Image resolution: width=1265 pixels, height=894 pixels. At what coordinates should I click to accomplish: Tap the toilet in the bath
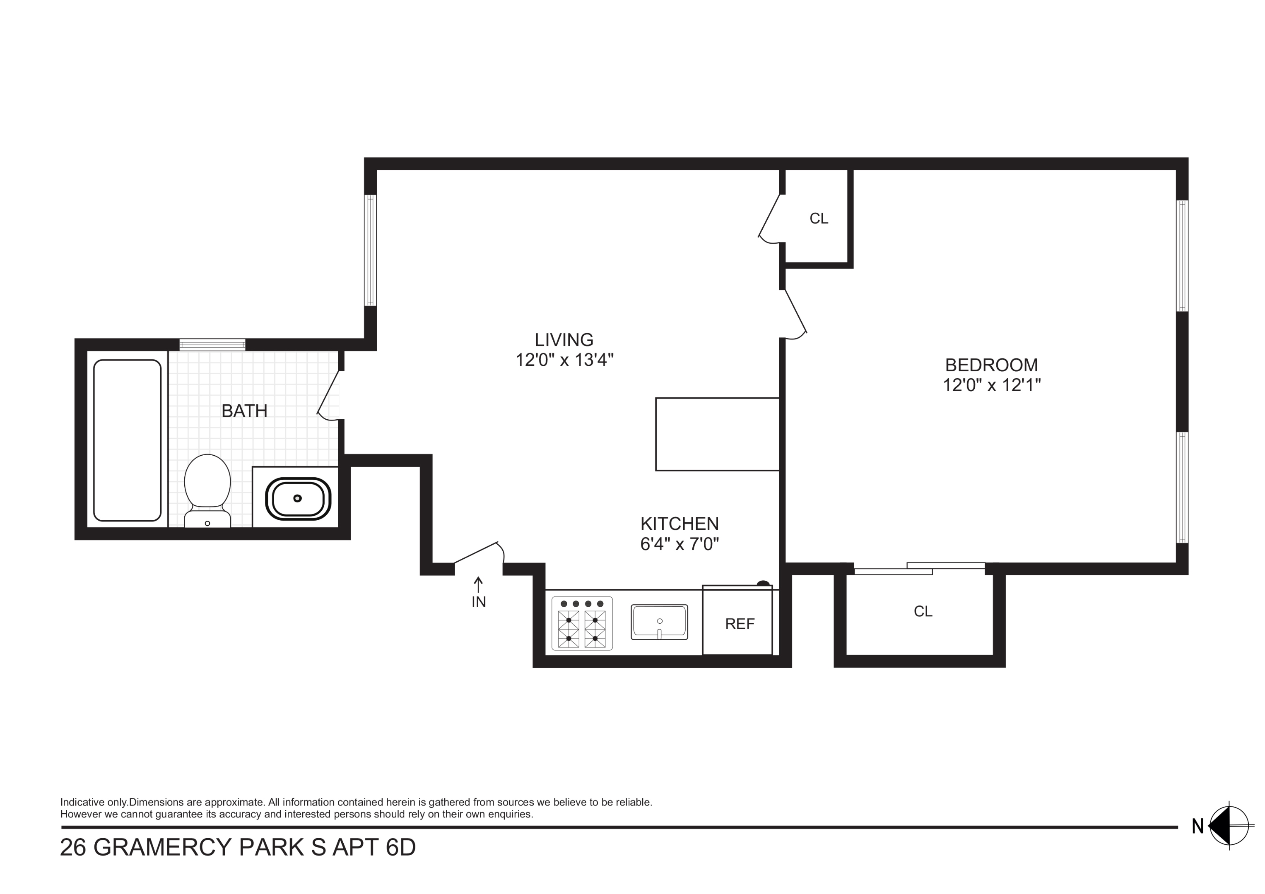207,488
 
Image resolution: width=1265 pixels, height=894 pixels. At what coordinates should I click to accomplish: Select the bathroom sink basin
298,498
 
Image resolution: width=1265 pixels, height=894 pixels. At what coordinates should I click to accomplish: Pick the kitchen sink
660,622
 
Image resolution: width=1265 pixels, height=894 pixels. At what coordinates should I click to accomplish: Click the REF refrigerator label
740,624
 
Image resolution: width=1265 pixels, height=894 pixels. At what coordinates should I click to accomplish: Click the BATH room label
244,411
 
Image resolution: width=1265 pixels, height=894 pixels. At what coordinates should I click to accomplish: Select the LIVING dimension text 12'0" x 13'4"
564,360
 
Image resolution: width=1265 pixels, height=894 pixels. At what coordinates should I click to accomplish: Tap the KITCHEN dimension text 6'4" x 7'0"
679,544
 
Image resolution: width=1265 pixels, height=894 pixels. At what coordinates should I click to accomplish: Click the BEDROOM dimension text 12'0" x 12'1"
991,385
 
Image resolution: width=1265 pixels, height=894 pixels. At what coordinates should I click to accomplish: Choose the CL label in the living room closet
819,219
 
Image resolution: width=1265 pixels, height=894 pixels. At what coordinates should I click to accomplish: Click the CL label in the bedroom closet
923,611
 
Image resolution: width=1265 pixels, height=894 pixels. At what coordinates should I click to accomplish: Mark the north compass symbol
1228,826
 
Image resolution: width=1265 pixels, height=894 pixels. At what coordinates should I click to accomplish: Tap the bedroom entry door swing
795,314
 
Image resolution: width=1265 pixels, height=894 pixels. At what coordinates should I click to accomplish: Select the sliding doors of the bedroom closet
919,568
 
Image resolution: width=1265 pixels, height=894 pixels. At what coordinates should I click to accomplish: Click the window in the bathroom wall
212,345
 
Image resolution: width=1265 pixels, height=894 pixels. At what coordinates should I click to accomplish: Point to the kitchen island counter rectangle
717,434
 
